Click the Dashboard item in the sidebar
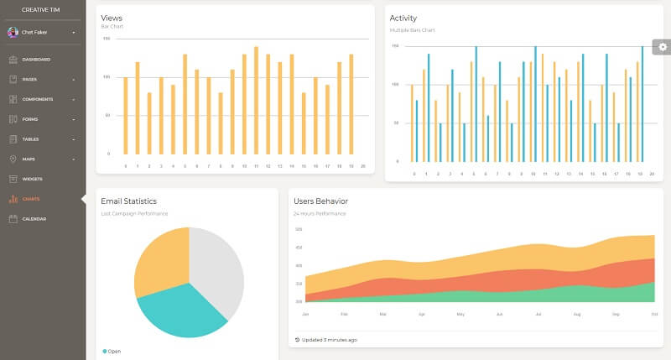click(36, 60)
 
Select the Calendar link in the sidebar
click(34, 219)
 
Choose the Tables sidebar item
click(32, 138)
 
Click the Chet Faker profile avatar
click(13, 32)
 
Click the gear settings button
click(663, 47)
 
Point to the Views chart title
click(111, 18)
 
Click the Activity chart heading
click(403, 18)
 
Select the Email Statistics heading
click(128, 201)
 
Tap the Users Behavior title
click(320, 201)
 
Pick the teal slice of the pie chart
click(180, 310)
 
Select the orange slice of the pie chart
click(159, 256)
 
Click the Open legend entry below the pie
click(112, 352)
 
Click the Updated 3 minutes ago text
click(329, 340)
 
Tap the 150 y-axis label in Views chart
click(107, 39)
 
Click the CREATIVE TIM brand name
click(43, 8)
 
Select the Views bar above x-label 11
click(256, 101)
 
